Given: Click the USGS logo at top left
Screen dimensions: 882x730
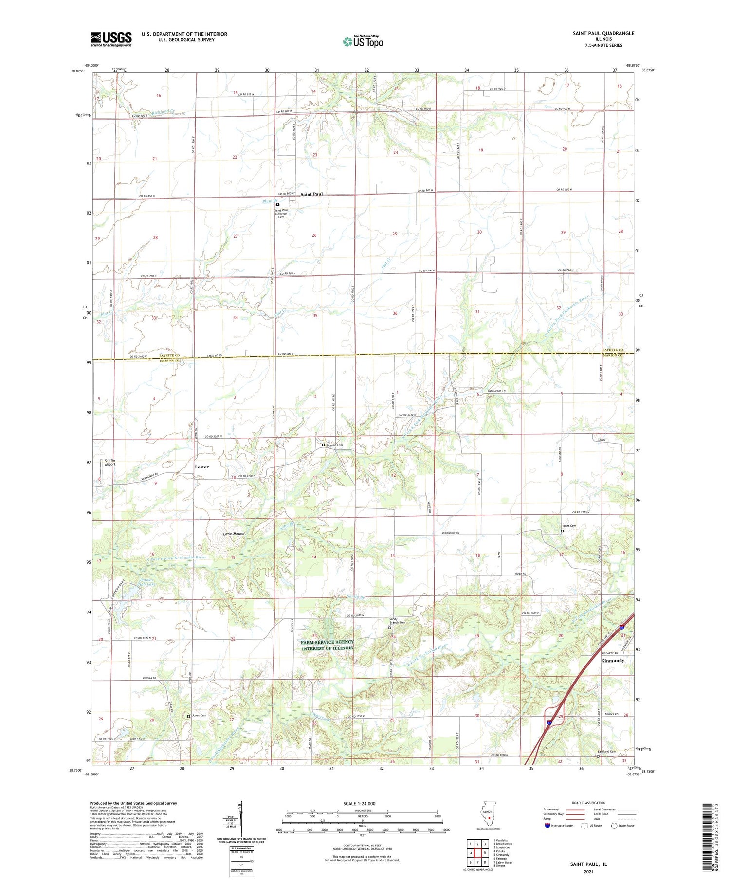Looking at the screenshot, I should tap(111, 39).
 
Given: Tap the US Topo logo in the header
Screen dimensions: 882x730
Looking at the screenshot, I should tap(363, 41).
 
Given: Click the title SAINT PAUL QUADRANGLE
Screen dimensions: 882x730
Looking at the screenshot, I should tap(603, 33).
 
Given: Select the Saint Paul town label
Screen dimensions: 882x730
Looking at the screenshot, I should tap(311, 194).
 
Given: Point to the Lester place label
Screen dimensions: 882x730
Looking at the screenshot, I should tap(201, 467).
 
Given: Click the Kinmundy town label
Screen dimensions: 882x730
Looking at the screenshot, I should tap(612, 661).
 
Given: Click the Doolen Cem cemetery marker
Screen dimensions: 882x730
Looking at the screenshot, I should tap(323, 445).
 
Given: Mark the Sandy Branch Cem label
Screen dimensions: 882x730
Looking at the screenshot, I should tap(397, 621).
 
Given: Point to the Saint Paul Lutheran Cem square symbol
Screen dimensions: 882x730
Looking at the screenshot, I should tap(277, 205).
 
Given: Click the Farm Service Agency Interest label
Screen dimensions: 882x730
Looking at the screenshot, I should tap(327, 645).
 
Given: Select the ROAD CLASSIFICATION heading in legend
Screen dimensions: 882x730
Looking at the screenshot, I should tap(588, 803).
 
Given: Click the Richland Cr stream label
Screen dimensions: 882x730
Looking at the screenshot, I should tap(162, 112).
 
